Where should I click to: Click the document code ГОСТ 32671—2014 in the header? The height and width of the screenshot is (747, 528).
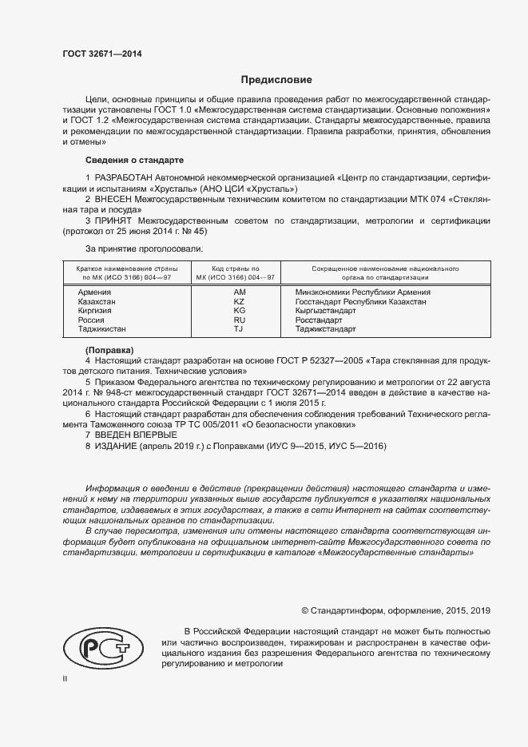[102, 54]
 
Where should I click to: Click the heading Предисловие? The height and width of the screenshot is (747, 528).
[276, 80]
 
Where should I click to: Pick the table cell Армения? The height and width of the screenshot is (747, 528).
[93, 292]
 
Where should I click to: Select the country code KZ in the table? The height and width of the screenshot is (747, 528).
[238, 302]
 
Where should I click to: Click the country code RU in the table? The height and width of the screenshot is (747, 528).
[238, 320]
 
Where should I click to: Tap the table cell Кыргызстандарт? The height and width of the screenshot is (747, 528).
[326, 311]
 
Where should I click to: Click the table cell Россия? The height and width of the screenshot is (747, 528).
[90, 320]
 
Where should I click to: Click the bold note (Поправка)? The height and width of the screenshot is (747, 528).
[109, 351]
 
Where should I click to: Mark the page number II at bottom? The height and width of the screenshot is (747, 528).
[65, 678]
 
